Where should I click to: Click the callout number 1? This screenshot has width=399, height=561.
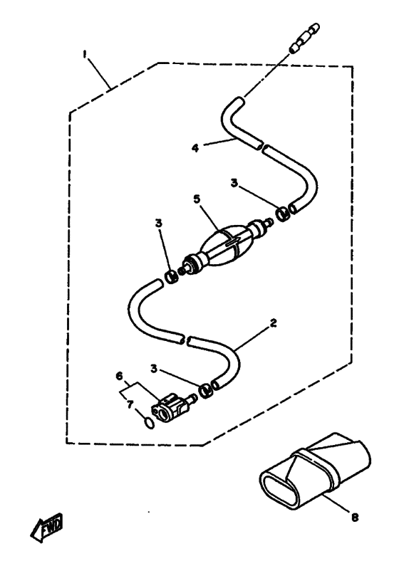tap(85, 53)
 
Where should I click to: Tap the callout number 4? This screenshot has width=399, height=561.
tap(195, 148)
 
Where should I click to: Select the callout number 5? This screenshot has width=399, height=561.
tap(197, 199)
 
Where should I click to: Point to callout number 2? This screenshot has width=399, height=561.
tap(274, 323)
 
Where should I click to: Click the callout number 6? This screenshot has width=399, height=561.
tap(119, 376)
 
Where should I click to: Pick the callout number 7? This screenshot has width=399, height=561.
tap(130, 404)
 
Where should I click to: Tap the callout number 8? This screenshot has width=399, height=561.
tap(355, 517)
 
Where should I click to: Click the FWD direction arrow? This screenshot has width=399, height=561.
tap(46, 528)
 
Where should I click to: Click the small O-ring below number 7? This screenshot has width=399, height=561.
tap(150, 424)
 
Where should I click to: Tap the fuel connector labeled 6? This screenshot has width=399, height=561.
tap(173, 407)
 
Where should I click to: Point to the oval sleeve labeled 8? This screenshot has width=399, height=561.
tap(314, 471)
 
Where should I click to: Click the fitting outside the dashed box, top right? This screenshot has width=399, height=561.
tap(304, 38)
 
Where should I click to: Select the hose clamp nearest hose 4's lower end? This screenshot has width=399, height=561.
tap(283, 214)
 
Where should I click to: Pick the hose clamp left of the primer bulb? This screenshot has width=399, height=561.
tap(171, 276)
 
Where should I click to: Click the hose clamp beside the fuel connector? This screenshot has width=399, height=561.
tap(206, 390)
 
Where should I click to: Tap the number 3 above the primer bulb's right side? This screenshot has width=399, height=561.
tap(234, 183)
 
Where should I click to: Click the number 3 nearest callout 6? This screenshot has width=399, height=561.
tap(154, 369)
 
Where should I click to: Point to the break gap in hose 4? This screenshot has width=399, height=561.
tap(261, 147)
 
